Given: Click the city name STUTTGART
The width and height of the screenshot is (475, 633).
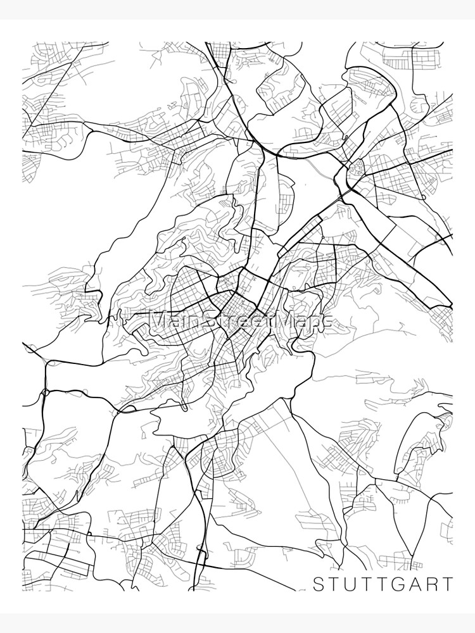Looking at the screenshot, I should point(384,582).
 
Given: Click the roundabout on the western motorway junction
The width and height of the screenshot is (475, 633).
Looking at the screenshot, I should point(44,393).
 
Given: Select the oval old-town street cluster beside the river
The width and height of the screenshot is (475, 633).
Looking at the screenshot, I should point(357,168).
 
